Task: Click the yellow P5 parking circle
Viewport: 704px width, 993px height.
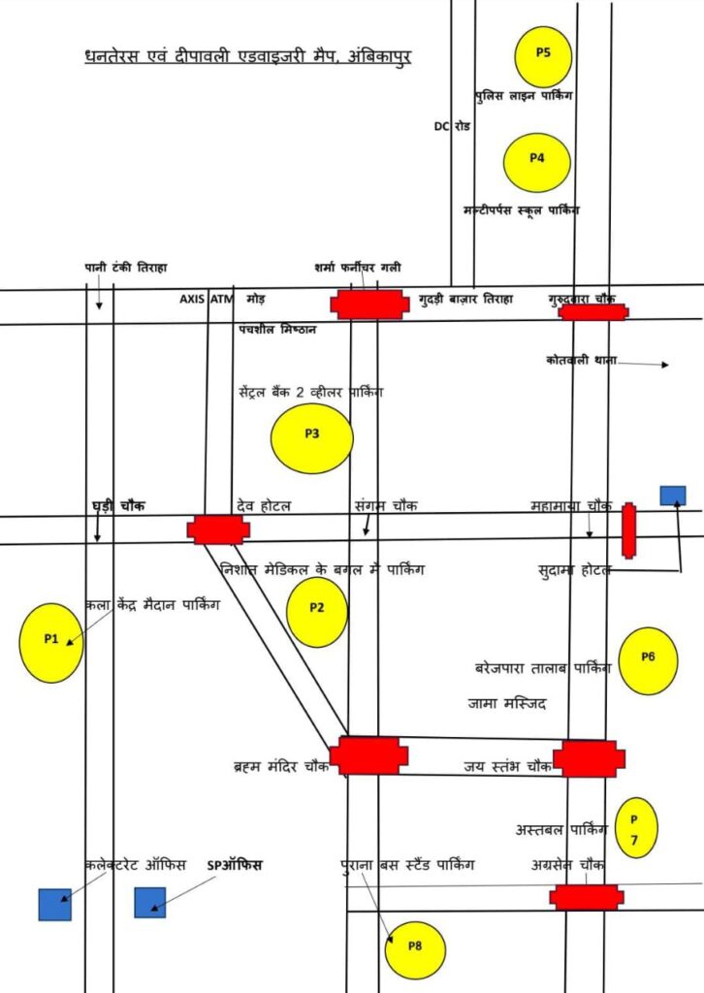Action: pos(543,56)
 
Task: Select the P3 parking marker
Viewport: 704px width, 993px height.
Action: pos(311,438)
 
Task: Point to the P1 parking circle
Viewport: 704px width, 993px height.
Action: pos(51,642)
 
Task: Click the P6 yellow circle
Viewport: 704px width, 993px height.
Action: pos(648,660)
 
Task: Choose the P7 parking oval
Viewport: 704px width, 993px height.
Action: pos(635,828)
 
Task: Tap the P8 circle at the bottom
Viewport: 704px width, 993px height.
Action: pos(414,948)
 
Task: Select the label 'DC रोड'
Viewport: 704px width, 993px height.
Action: pos(452,127)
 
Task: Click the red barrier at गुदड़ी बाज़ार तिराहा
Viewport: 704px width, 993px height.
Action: pos(368,304)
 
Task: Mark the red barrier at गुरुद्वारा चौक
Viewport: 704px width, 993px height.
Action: pos(593,312)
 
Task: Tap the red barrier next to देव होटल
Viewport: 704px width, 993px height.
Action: pos(218,529)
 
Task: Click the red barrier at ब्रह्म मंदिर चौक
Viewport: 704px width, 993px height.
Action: pos(368,755)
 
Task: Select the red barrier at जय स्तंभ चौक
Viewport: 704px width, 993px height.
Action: pos(589,758)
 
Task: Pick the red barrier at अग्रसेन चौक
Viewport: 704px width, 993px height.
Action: pos(586,897)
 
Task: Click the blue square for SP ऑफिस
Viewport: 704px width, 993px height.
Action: pos(150,903)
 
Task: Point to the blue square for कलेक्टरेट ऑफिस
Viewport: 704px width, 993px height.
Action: pos(54,904)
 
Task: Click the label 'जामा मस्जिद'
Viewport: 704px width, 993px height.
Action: pos(507,703)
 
